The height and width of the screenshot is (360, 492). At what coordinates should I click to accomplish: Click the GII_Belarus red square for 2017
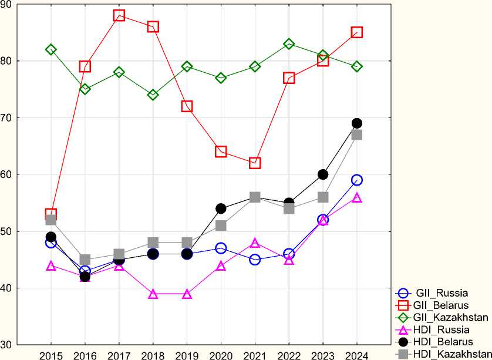[x=119, y=15]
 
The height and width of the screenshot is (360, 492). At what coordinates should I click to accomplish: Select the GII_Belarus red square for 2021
[x=255, y=163]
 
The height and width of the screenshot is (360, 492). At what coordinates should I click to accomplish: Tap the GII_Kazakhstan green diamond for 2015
[x=51, y=49]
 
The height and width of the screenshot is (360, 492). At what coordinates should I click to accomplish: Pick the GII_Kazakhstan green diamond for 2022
[x=289, y=44]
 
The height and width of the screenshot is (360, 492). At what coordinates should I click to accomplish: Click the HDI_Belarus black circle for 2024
[x=357, y=123]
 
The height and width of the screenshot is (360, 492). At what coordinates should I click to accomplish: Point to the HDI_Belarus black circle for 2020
[x=221, y=208]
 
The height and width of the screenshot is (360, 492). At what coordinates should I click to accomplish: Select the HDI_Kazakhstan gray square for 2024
[x=357, y=134]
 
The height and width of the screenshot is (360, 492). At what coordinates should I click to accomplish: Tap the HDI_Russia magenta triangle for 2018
[x=153, y=294]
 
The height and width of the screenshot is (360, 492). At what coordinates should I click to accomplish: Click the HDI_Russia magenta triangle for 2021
[x=255, y=243]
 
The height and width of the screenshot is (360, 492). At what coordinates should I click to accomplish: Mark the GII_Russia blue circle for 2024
[x=357, y=180]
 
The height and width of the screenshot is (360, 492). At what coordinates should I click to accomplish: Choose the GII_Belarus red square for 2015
[x=51, y=214]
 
